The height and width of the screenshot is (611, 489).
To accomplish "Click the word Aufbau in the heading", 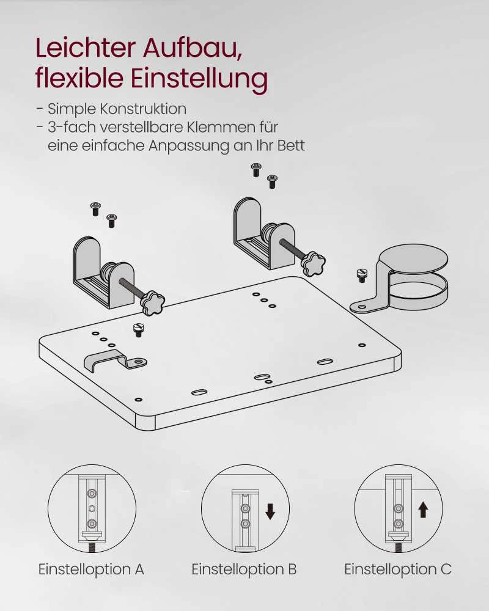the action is point(193,48).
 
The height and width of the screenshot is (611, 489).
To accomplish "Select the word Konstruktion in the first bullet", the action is point(143,109).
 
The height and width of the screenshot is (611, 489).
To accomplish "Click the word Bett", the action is point(291,145).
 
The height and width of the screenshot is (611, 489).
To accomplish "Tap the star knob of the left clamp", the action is point(152,303).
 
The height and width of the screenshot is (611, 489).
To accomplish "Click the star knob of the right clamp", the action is point(313,263).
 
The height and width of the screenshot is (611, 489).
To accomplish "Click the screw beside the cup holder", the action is point(361,275).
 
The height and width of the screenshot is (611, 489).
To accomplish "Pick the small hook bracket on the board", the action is point(116,360).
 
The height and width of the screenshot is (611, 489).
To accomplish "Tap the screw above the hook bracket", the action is point(138,330).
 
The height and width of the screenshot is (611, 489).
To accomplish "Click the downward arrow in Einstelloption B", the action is point(270,511).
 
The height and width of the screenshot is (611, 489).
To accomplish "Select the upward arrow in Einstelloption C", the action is point(423,509).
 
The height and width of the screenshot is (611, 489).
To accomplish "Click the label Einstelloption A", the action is point(91,569).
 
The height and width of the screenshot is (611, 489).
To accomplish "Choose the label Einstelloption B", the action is point(244,569).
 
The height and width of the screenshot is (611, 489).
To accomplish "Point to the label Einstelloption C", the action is point(398,569).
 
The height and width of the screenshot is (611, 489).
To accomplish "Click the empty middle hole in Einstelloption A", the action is point(92,508).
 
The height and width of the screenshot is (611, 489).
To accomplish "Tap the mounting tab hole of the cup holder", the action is point(362,307).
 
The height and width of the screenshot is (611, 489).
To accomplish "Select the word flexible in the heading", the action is point(79,78).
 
